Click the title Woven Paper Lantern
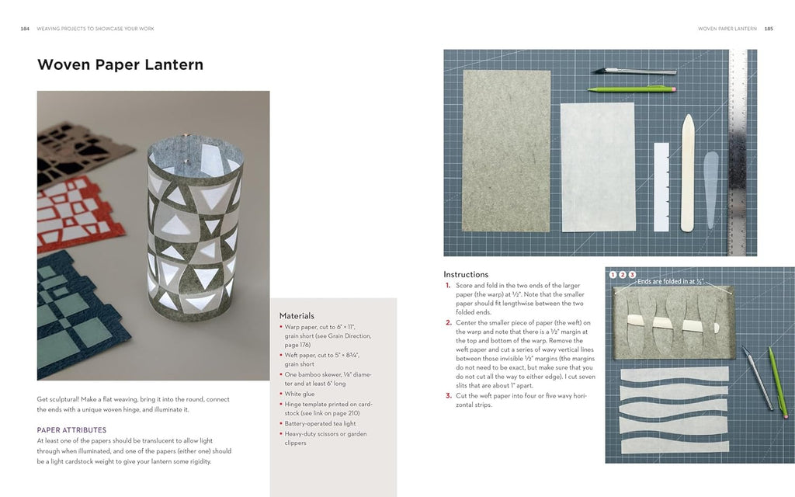point(120,64)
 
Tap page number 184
point(25,29)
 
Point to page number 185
point(769,29)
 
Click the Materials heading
point(297,316)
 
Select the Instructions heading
point(466,274)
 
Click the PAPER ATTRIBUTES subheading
point(72,429)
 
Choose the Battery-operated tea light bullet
point(320,423)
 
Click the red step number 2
point(448,322)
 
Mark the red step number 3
point(448,395)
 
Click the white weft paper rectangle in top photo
point(597,166)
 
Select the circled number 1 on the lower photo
point(613,274)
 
